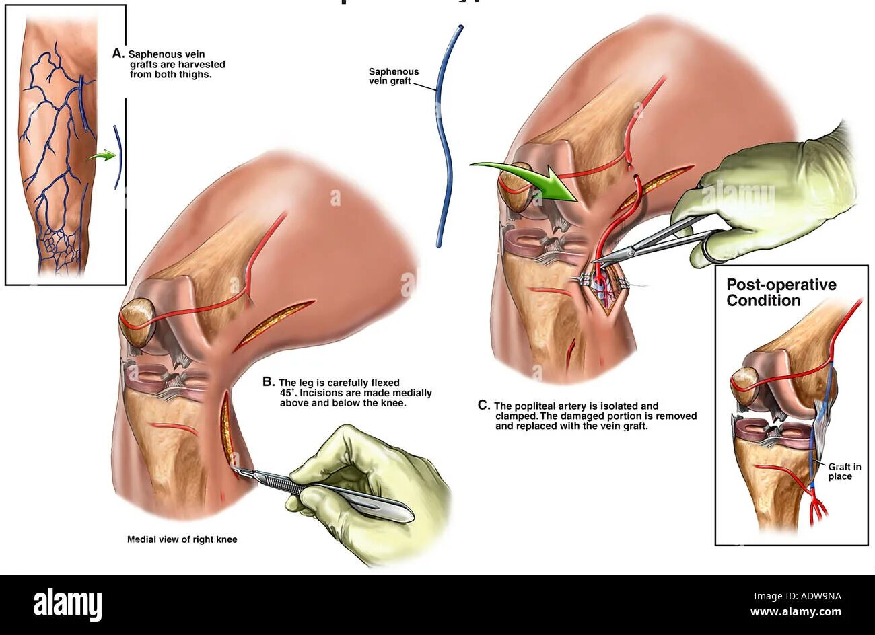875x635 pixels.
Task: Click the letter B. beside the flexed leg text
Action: tap(268, 381)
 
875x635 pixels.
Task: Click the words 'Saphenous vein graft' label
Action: tap(394, 76)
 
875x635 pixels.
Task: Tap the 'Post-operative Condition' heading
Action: tap(781, 292)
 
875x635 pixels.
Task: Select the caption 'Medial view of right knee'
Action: tap(182, 539)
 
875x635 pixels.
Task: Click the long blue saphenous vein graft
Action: tap(444, 135)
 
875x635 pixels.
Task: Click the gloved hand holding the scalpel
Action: tap(377, 484)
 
